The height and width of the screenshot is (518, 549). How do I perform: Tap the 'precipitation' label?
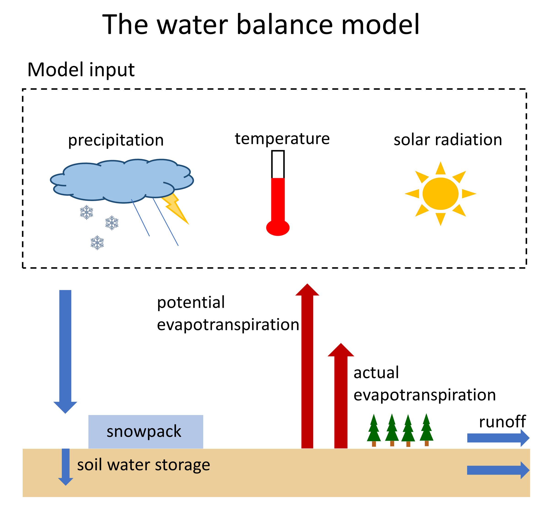coord(116,140)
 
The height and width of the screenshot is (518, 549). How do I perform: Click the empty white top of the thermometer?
coord(278,164)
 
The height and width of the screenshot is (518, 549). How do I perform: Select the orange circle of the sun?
coord(440,193)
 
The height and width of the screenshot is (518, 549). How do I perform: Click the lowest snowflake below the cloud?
coord(97,243)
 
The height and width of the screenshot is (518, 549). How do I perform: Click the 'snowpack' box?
coord(145,432)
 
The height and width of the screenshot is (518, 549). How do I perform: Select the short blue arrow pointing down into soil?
coord(66,467)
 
